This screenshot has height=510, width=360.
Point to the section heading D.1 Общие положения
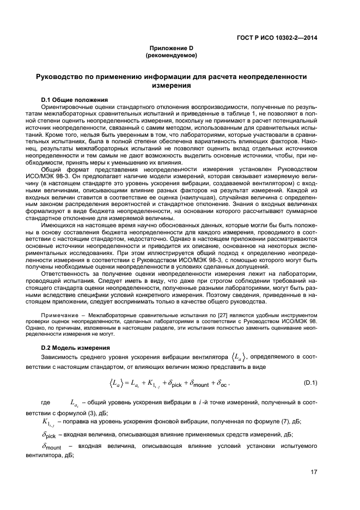pyautogui.click(x=74, y=100)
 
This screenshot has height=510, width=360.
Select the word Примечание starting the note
pyautogui.click(x=57, y=316)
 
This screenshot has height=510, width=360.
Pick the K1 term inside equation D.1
pyautogui.click(x=150, y=384)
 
